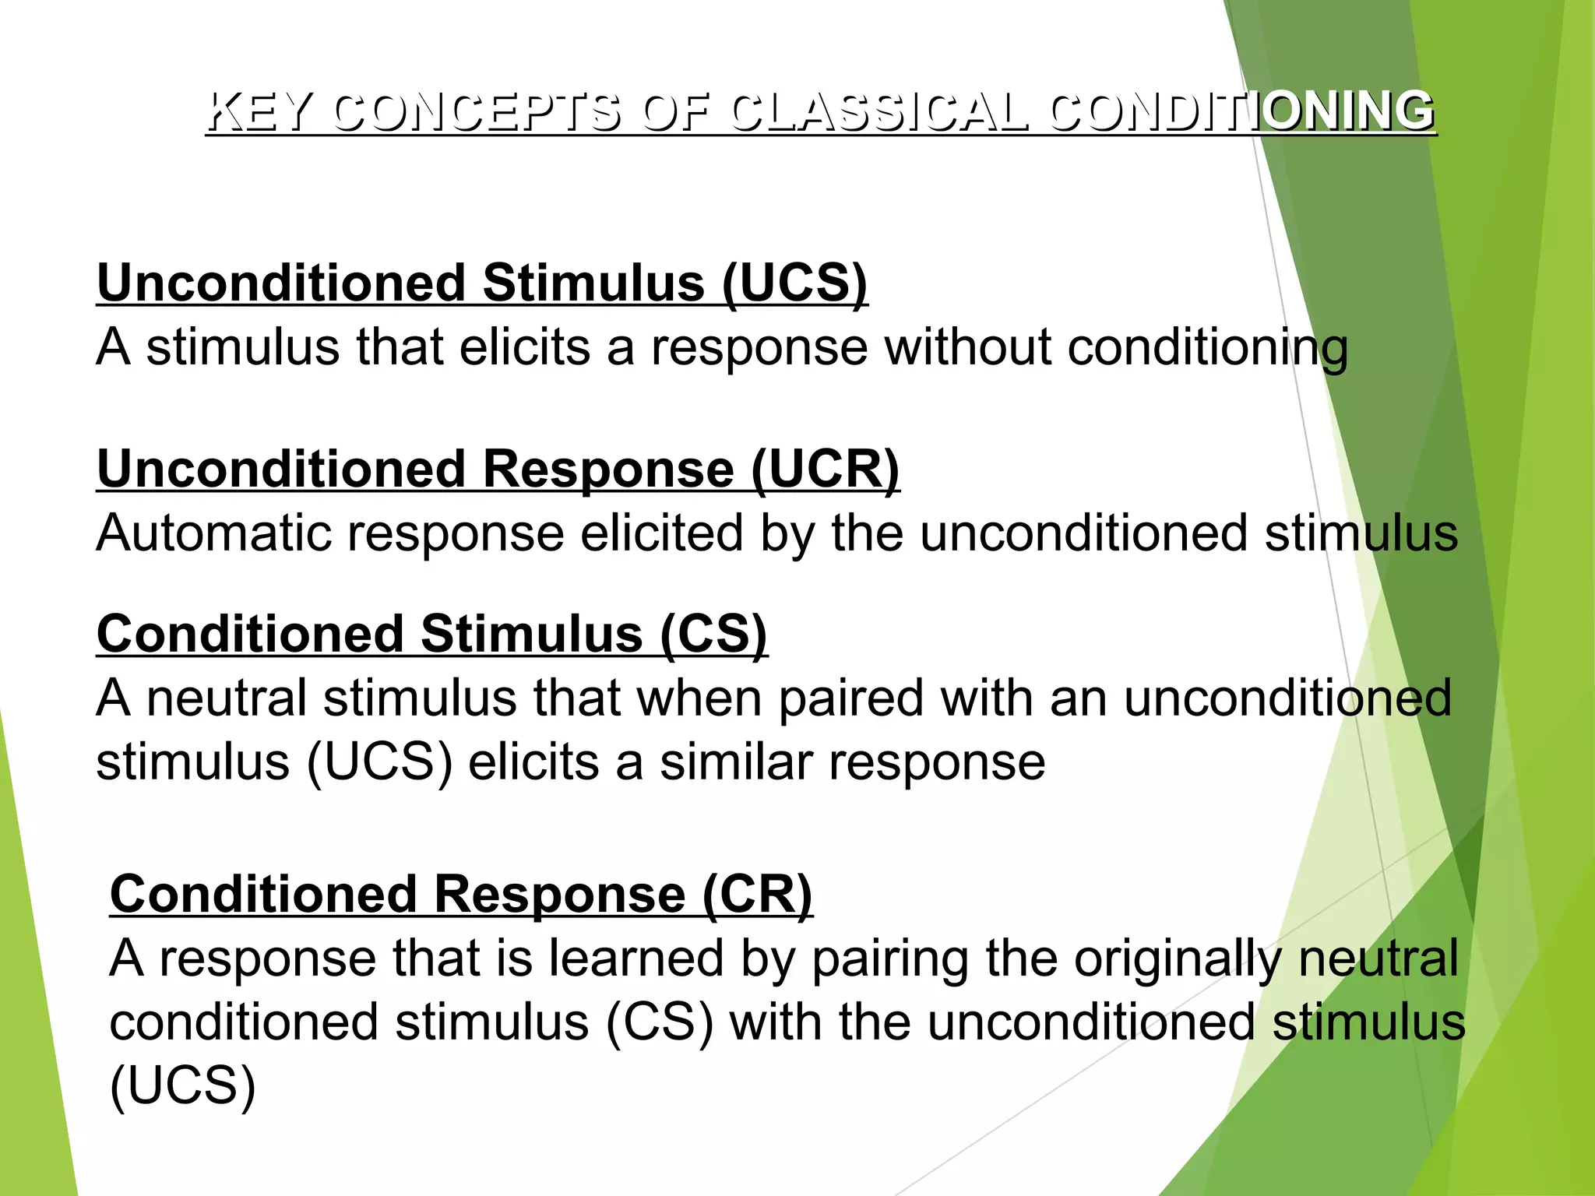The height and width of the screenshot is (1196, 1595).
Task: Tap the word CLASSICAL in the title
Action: click(x=879, y=111)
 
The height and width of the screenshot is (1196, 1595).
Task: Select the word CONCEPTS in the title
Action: click(x=477, y=111)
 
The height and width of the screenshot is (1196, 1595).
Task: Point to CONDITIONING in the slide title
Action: click(x=1241, y=111)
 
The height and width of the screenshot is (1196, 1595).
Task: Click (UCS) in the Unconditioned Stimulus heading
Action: click(x=794, y=283)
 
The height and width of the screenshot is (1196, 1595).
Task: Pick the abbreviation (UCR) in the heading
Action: click(x=826, y=470)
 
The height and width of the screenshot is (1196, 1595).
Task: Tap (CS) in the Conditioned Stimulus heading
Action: click(x=713, y=634)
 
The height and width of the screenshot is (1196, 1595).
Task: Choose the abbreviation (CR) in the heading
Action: click(x=757, y=894)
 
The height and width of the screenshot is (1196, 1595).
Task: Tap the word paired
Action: click(x=850, y=698)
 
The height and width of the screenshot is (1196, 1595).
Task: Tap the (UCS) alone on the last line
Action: click(x=183, y=1086)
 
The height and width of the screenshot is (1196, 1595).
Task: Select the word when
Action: click(x=699, y=698)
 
